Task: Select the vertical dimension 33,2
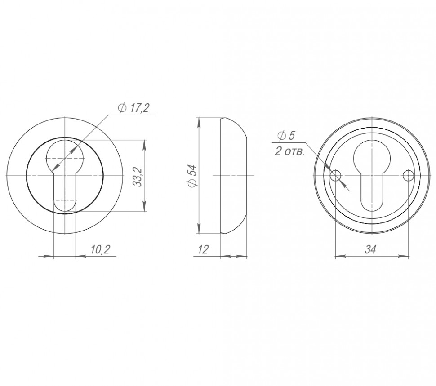tap(138, 176)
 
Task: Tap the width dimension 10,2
tap(100, 250)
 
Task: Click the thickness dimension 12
tap(203, 250)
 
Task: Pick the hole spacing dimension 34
tap(370, 250)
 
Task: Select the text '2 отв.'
tap(290, 151)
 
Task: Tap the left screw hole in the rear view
tap(335, 175)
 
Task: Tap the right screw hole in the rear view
tap(408, 175)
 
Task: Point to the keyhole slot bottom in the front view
tap(65, 204)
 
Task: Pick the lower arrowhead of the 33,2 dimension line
tap(144, 208)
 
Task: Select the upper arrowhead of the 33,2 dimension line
tap(144, 144)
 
